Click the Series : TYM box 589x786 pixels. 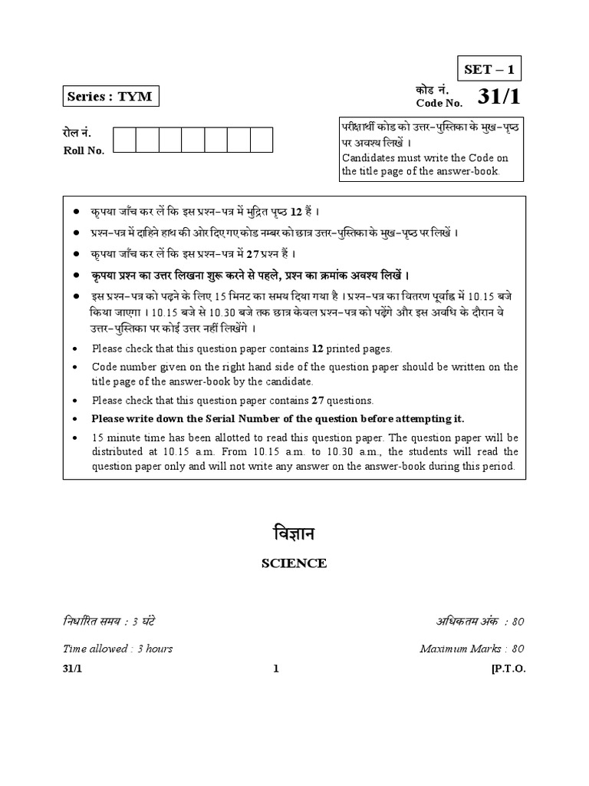109,97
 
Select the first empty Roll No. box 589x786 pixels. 124,140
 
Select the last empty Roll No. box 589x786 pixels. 262,140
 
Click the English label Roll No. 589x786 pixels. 83,150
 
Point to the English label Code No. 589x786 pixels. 439,103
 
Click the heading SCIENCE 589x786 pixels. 294,563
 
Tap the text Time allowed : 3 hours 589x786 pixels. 117,649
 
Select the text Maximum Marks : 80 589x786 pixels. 472,649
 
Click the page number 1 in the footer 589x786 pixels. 276,669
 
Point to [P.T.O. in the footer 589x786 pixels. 508,669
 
